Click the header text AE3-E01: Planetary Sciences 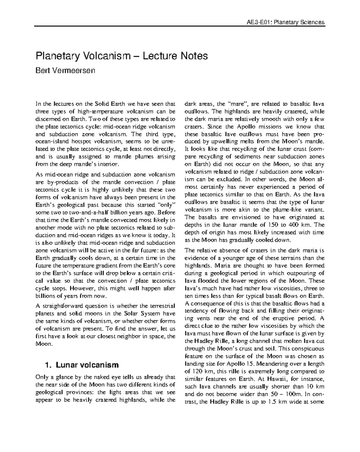285,22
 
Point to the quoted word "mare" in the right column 237,104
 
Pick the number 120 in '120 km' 196,371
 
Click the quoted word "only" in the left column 167,205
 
